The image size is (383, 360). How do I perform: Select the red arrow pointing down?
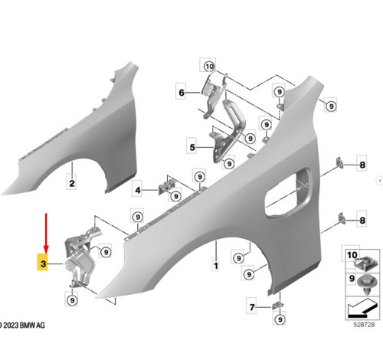tap(46, 233)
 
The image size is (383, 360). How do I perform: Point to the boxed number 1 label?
tap(216, 265)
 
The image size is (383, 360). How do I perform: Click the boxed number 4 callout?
tap(138, 190)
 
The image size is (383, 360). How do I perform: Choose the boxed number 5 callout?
tap(192, 147)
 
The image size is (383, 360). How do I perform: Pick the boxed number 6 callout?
tap(182, 92)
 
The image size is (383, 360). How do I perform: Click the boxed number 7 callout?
tap(252, 306)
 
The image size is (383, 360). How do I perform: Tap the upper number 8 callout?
tap(362, 165)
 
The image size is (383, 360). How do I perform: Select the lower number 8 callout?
tap(362, 220)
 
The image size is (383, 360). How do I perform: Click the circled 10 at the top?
tap(209, 67)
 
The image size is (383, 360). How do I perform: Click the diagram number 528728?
tap(364, 325)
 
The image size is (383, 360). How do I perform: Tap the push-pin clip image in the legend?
tap(368, 285)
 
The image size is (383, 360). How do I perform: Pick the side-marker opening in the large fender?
tap(288, 192)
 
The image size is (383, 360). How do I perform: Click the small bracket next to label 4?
tap(166, 187)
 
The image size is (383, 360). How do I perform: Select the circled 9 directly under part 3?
tap(72, 300)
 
